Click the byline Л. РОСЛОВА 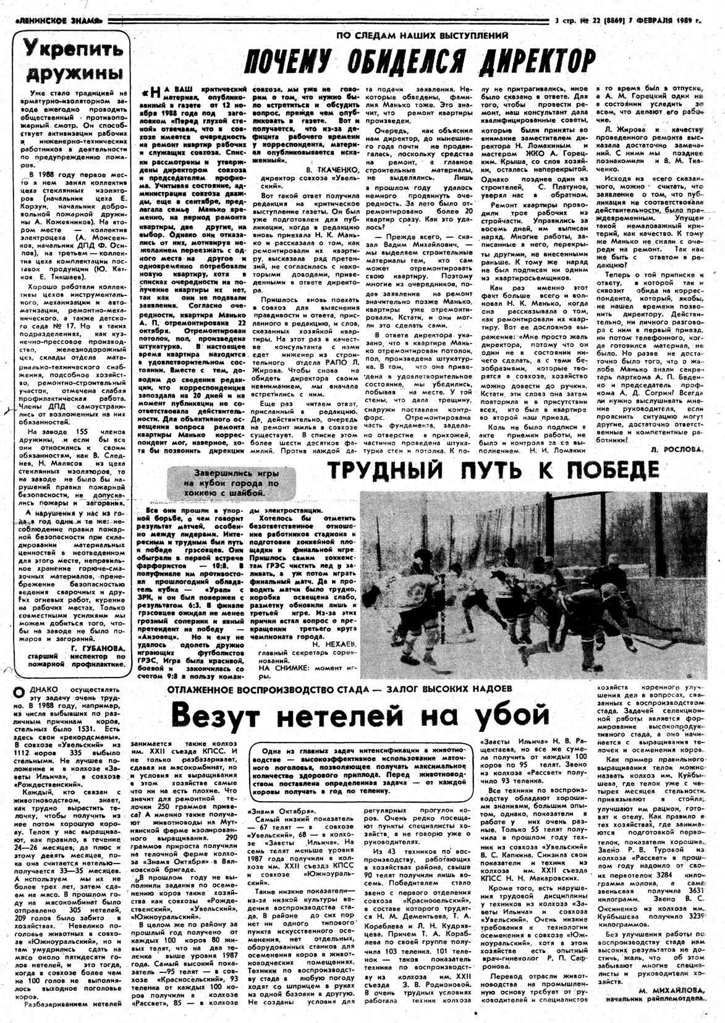(x=677, y=450)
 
